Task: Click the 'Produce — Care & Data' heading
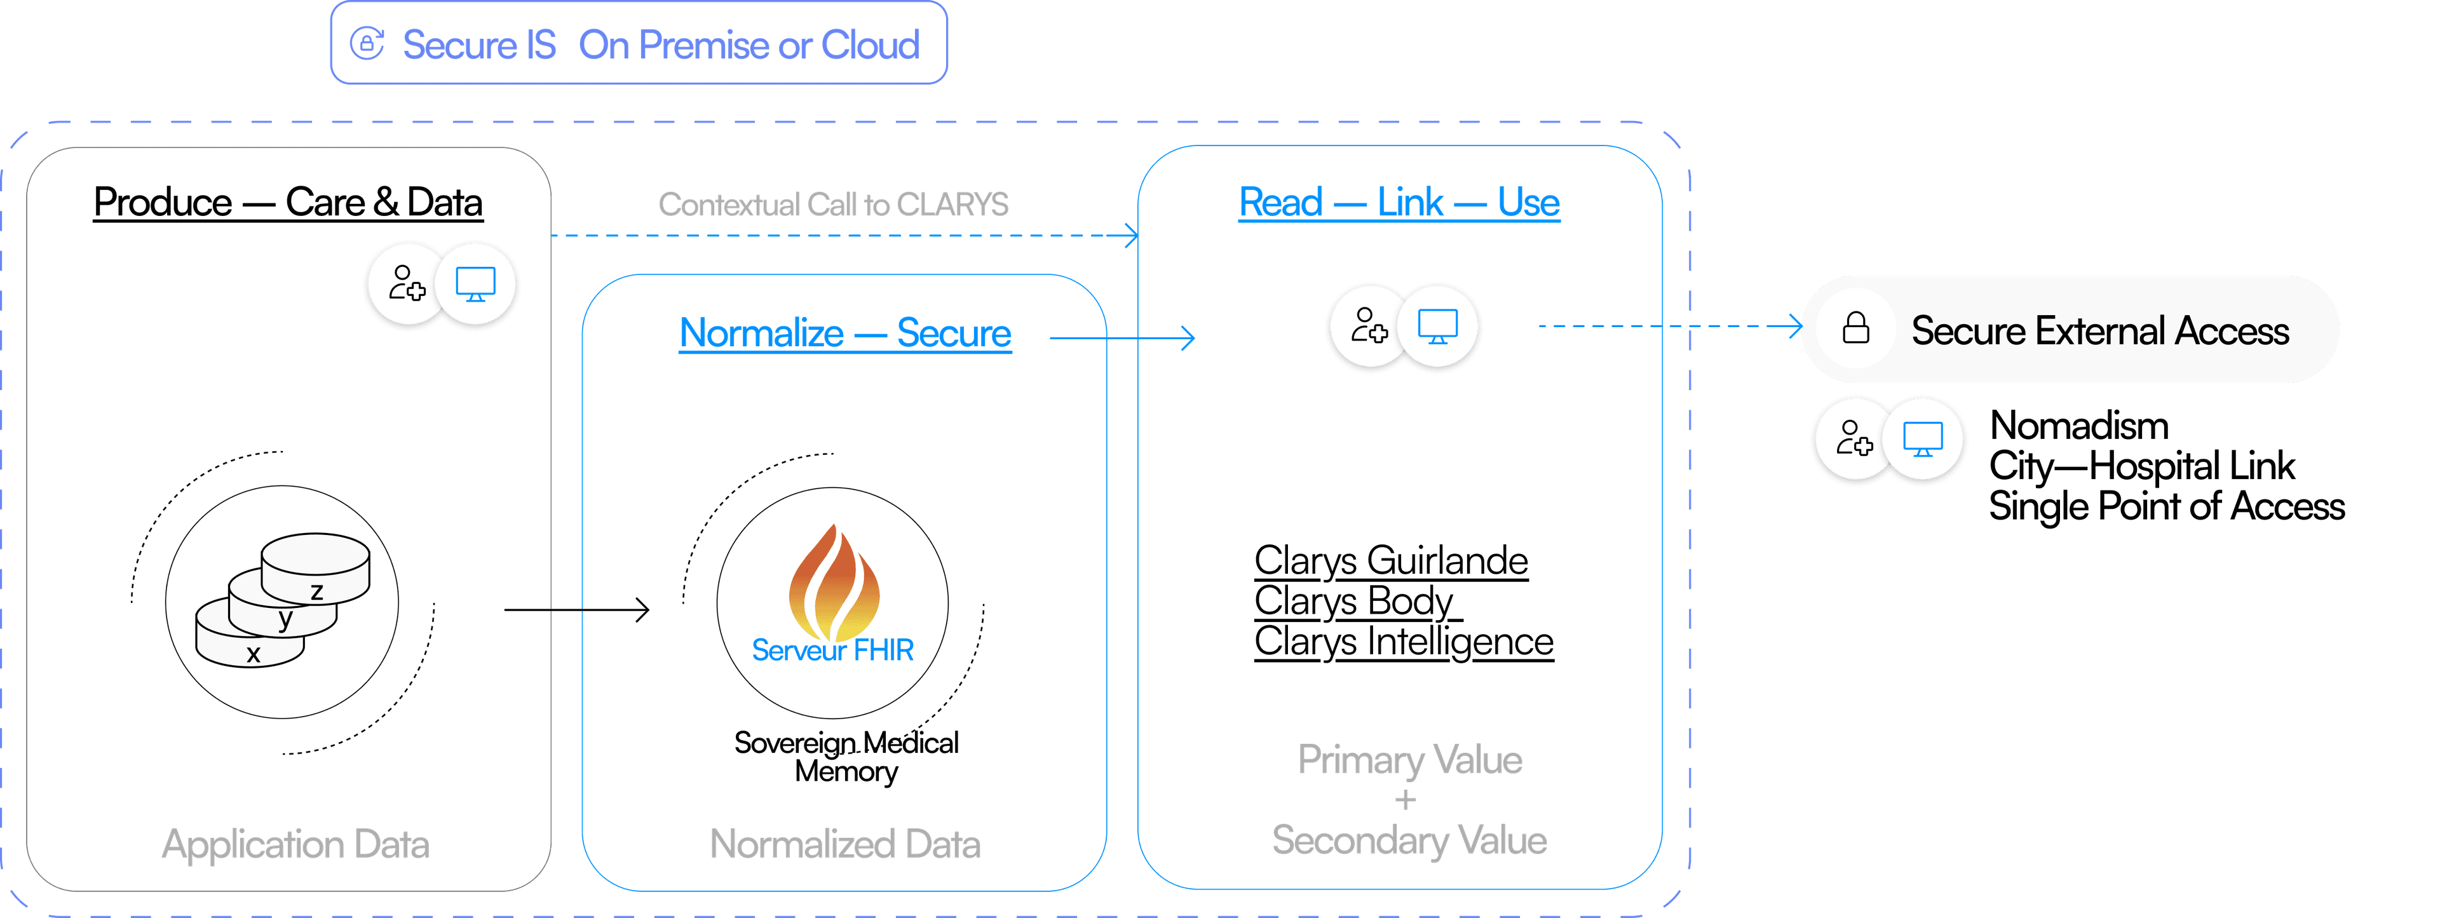(x=288, y=202)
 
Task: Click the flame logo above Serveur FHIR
(x=834, y=580)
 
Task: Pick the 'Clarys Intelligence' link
(x=1403, y=642)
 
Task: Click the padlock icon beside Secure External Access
(x=1855, y=328)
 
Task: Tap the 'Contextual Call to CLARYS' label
(x=832, y=205)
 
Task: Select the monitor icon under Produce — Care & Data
(x=475, y=283)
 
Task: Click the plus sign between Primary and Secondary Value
(x=1405, y=800)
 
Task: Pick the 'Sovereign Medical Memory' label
(x=846, y=756)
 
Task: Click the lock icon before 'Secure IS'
(x=367, y=44)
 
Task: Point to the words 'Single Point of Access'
(x=2165, y=507)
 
